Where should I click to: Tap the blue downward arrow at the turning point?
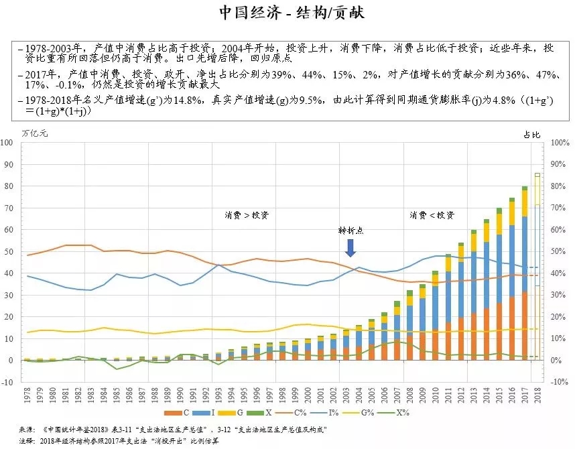click(350, 248)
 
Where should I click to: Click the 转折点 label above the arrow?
click(350, 230)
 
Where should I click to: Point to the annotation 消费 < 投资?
click(432, 215)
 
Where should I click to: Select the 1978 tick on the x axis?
click(27, 394)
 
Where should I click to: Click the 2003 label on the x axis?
click(346, 394)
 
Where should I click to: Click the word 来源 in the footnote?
click(25, 430)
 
